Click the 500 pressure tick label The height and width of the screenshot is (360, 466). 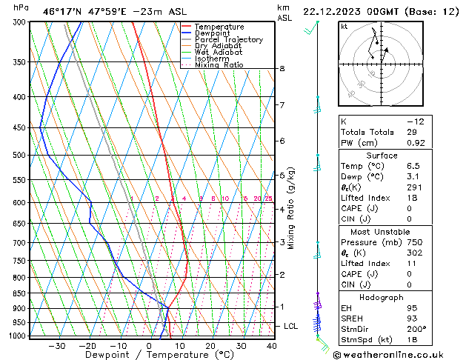(20, 156)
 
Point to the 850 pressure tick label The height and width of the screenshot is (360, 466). (20, 293)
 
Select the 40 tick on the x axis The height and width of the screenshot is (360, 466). (272, 346)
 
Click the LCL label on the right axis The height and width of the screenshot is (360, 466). (292, 326)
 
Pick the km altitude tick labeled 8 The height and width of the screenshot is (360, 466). (282, 69)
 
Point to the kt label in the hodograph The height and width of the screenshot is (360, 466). (344, 26)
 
